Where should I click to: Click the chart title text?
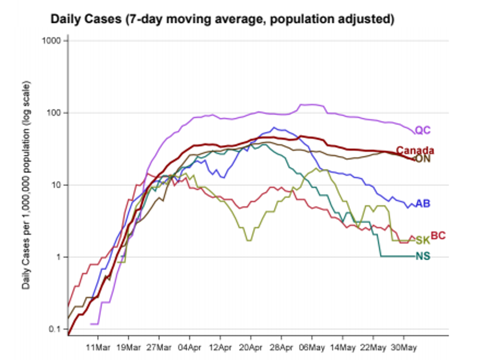(x=223, y=19)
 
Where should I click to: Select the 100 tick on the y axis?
(x=53, y=113)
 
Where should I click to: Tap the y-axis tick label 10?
(x=55, y=185)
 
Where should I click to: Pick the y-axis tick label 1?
(x=57, y=257)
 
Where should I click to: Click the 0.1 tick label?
(x=54, y=329)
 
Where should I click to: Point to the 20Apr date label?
(x=250, y=346)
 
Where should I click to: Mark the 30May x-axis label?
(x=404, y=346)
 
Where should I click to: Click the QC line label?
(x=423, y=131)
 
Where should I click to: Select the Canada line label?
(x=415, y=151)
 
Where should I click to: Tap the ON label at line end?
(x=423, y=160)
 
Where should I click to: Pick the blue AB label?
(x=423, y=204)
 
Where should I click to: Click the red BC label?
(x=438, y=235)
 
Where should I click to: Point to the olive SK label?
(x=423, y=241)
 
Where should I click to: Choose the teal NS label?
(x=423, y=257)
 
